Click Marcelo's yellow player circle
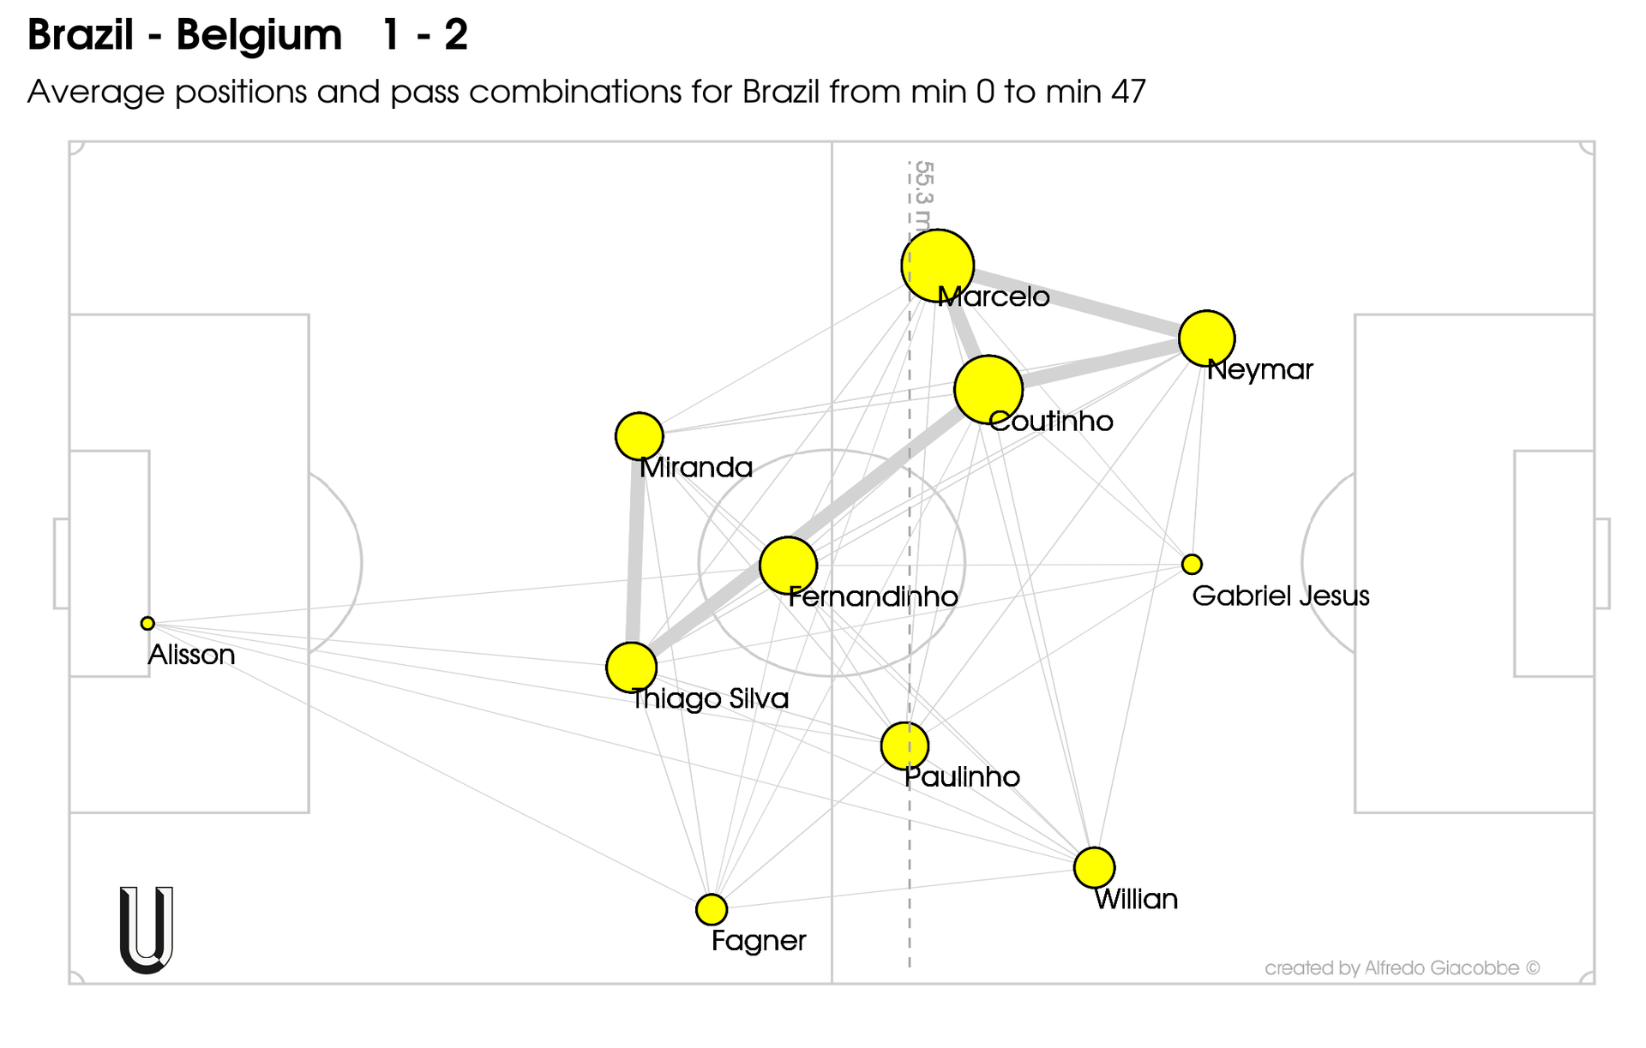point(937,266)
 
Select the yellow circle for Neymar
point(1206,338)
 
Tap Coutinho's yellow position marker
point(988,390)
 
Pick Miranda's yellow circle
point(639,436)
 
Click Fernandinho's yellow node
point(788,566)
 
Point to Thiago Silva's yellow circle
point(631,667)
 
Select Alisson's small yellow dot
point(147,623)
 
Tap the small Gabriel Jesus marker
point(1192,564)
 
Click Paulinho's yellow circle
point(904,746)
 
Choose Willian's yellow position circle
point(1094,867)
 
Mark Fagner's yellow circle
point(712,909)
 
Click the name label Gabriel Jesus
point(1280,596)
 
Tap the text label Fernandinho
point(873,596)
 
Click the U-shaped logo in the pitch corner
point(147,930)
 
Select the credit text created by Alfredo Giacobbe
point(1402,968)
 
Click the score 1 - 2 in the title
point(425,35)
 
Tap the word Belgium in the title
point(259,35)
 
